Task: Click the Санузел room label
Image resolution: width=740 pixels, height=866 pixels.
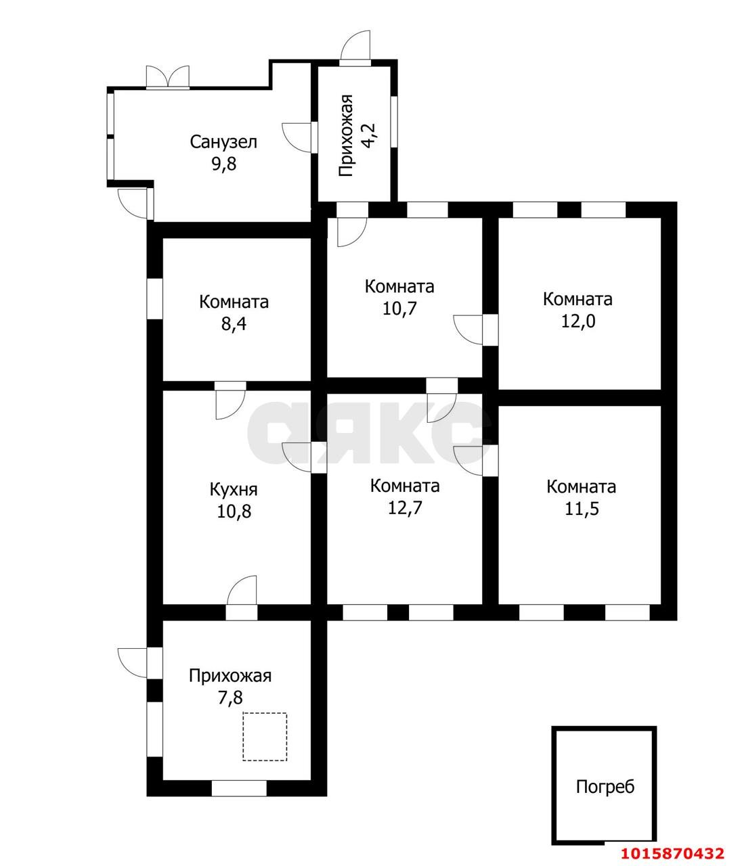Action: pos(223,142)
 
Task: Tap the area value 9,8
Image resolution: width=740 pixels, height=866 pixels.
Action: pos(224,164)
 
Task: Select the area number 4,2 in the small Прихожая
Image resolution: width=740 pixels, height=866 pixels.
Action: pos(369,135)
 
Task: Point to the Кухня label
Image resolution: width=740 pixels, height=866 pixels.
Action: pos(234,491)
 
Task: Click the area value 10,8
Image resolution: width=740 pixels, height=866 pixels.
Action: pos(234,511)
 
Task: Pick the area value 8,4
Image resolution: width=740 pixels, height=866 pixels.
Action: pos(234,324)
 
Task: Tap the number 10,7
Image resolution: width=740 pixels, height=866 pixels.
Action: pos(399,309)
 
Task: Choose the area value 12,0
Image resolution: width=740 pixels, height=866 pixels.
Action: pos(578,321)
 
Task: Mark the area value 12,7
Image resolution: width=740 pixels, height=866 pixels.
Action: pos(405,508)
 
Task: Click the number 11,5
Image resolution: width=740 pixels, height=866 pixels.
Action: pos(582,509)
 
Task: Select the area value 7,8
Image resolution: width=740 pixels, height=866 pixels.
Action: pos(230,698)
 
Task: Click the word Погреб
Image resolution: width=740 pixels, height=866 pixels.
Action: pos(605,787)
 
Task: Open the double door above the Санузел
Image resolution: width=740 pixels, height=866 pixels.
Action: pos(168,77)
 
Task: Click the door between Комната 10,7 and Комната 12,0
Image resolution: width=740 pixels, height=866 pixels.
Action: pos(476,329)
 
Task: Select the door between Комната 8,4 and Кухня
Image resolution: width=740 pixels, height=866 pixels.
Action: pos(230,400)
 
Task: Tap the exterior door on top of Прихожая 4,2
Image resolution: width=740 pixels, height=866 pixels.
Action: pos(355,48)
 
